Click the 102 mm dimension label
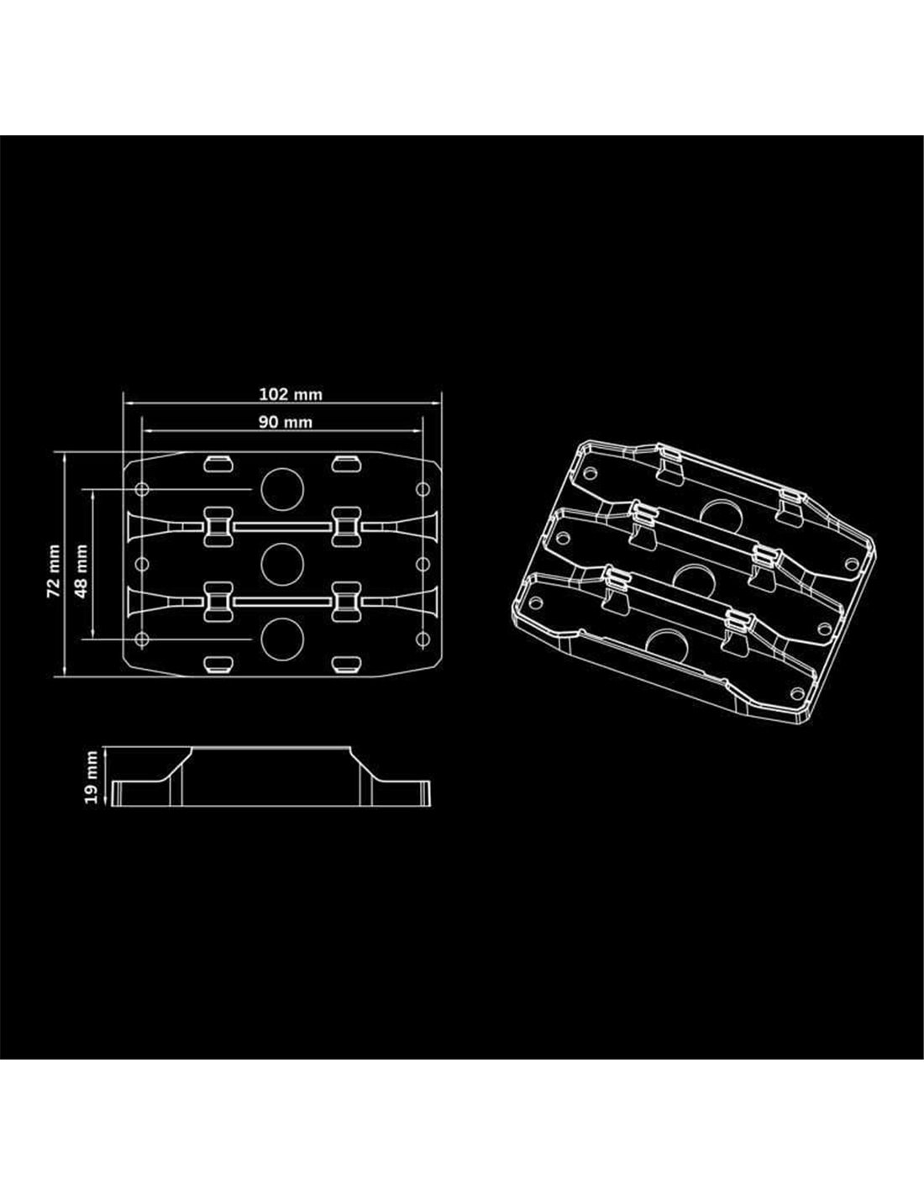point(291,394)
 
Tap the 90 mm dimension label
point(286,423)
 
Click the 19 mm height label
point(92,776)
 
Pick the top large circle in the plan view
point(282,489)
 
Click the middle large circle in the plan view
point(282,564)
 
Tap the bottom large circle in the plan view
point(282,639)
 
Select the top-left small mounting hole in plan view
point(142,489)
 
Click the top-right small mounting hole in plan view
point(423,489)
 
